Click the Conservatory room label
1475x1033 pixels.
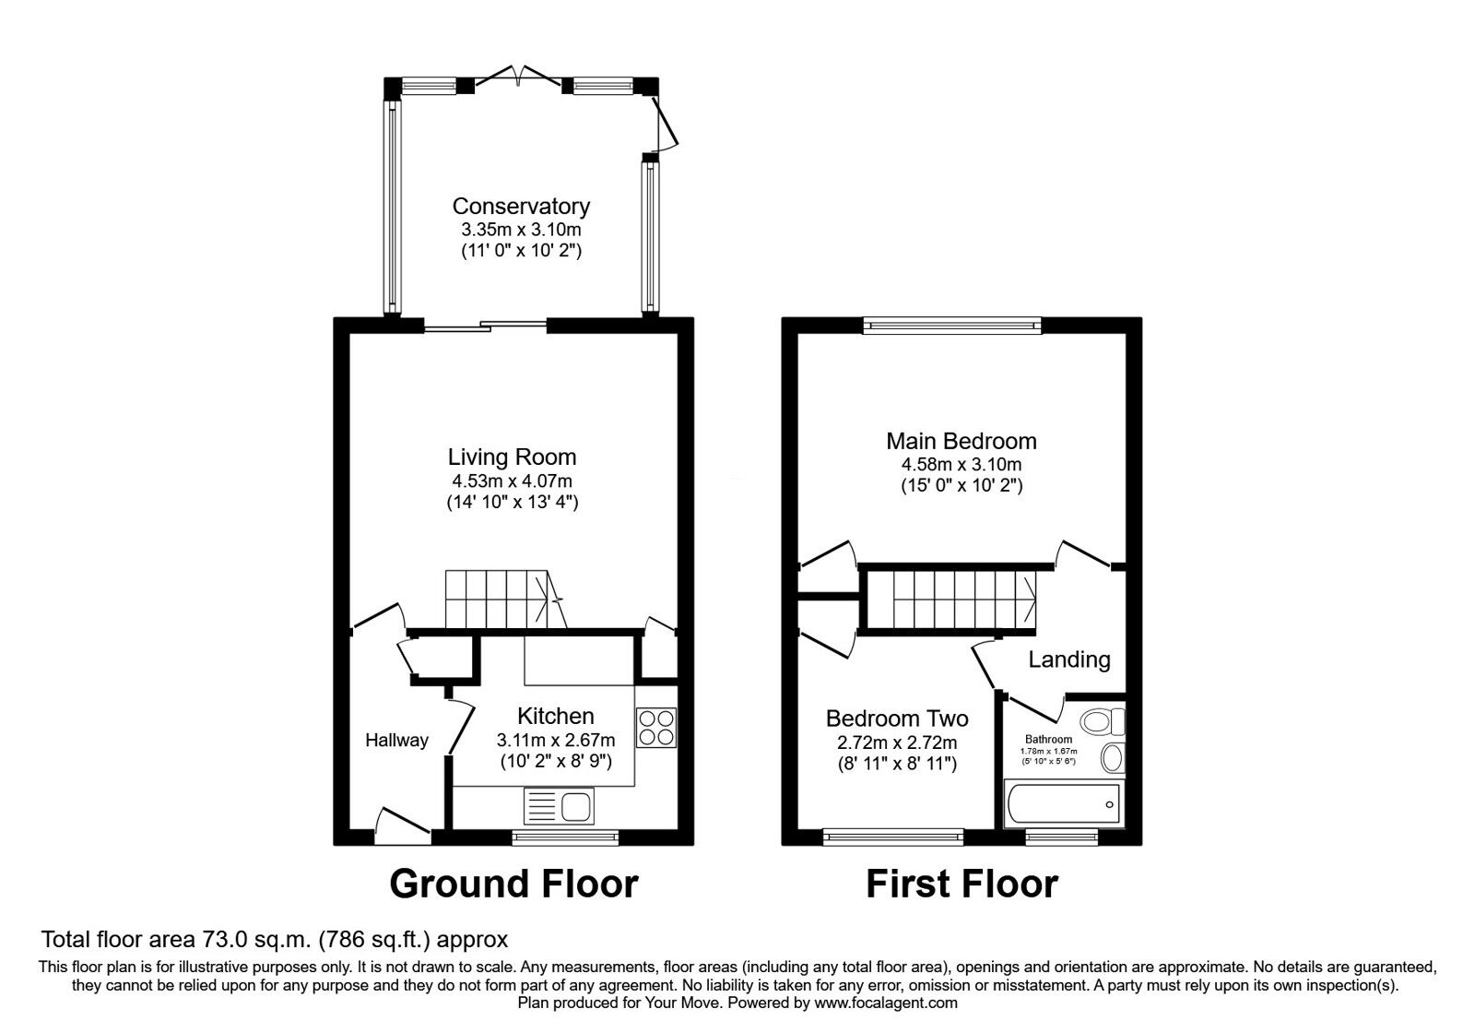[520, 206]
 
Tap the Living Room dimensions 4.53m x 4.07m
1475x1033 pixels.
[512, 481]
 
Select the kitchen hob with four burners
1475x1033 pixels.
[655, 727]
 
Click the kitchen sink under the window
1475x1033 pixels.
[559, 806]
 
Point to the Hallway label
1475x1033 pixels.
[396, 740]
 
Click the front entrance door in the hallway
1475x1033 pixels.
[403, 824]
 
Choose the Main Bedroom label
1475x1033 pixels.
[962, 441]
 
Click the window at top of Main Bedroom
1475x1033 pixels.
[952, 325]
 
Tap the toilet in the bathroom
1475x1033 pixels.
[1103, 720]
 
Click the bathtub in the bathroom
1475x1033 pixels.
[1063, 804]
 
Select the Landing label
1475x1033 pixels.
[1068, 659]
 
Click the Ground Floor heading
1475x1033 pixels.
[513, 884]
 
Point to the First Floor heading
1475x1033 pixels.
[962, 884]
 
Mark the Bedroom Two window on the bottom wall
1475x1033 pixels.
[893, 837]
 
